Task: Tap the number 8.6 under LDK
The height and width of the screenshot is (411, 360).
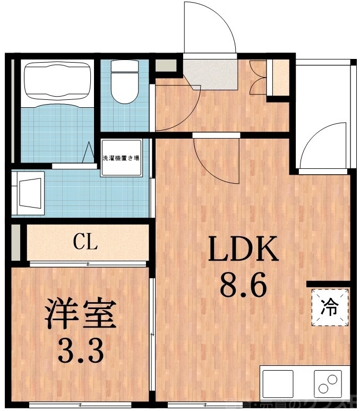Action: pyautogui.click(x=243, y=287)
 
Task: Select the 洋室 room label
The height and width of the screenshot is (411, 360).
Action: pyautogui.click(x=80, y=314)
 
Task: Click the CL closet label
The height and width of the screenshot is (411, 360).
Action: pyautogui.click(x=85, y=243)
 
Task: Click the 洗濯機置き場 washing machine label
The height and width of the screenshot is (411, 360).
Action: pyautogui.click(x=121, y=158)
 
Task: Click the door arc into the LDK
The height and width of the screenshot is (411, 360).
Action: pyautogui.click(x=216, y=159)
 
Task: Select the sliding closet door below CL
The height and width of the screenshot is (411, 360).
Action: pyautogui.click(x=88, y=263)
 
